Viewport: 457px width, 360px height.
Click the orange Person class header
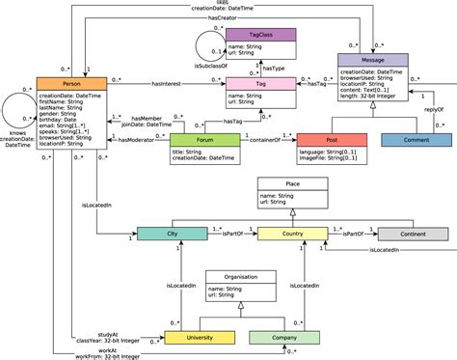[x=71, y=85]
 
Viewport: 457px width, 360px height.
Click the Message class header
[x=371, y=59]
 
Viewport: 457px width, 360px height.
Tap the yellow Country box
[x=290, y=234]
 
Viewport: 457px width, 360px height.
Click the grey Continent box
[x=412, y=234]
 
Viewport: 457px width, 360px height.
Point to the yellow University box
[x=200, y=338]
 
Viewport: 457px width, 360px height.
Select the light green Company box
[x=284, y=338]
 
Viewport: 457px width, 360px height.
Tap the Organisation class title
[x=240, y=277]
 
